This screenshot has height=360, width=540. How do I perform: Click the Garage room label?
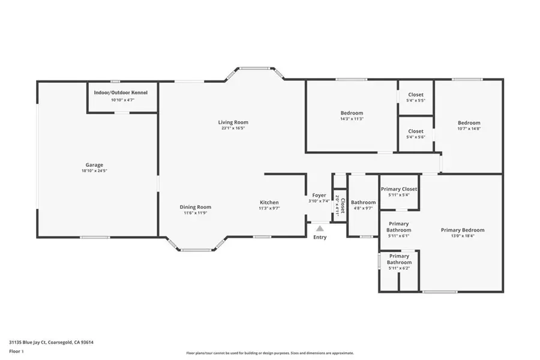94,165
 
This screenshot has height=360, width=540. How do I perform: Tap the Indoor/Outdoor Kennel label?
121,93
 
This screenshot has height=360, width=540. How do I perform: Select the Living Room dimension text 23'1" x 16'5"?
233,128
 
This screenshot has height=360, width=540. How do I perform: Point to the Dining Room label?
196,207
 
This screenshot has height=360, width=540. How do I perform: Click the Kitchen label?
269,202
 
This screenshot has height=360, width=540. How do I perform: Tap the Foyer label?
319,195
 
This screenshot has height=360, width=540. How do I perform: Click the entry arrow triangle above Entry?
320,228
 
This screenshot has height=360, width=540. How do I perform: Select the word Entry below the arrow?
320,238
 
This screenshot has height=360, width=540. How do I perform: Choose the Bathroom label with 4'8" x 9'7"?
363,202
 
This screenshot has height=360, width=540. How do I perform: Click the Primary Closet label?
399,189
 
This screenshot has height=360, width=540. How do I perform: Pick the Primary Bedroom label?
462,230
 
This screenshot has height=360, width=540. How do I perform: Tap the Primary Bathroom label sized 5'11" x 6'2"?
399,259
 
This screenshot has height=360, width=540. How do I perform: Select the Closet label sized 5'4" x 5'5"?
416,95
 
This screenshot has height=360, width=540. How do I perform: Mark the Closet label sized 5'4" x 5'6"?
416,131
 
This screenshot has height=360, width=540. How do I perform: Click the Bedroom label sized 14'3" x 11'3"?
352,113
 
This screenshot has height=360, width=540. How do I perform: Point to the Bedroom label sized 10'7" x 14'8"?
469,122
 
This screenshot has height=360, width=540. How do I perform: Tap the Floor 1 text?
16,351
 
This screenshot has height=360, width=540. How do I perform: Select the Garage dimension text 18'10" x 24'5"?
94,171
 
